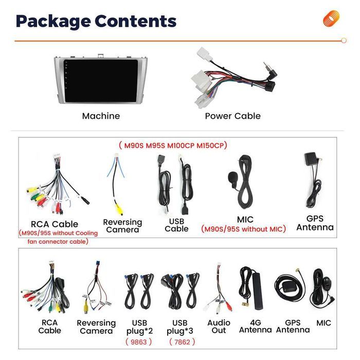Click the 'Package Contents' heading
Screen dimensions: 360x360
[96, 21]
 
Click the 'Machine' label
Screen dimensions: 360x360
[101, 116]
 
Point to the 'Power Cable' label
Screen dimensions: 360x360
[232, 116]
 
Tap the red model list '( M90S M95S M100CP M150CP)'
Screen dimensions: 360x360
[172, 146]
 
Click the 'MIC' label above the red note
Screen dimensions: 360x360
[245, 220]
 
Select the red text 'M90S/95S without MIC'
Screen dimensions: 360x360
[243, 229]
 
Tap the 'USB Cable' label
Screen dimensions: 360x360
[176, 225]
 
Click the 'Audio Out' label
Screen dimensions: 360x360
[219, 327]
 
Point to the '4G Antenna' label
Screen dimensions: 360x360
[255, 327]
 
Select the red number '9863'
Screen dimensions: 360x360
[139, 341]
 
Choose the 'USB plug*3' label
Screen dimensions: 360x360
[180, 327]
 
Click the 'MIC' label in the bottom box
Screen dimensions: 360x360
[324, 323]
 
